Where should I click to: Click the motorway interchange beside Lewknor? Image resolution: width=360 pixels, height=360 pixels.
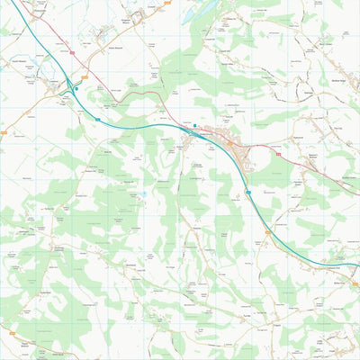coord(69,86)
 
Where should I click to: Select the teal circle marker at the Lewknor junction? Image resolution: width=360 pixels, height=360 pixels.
coord(77,88)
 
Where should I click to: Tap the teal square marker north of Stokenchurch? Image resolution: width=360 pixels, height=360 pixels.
coord(196,124)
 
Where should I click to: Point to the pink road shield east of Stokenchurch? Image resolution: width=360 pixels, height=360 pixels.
coord(278,154)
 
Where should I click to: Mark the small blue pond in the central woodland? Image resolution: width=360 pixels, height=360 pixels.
coord(141,193)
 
